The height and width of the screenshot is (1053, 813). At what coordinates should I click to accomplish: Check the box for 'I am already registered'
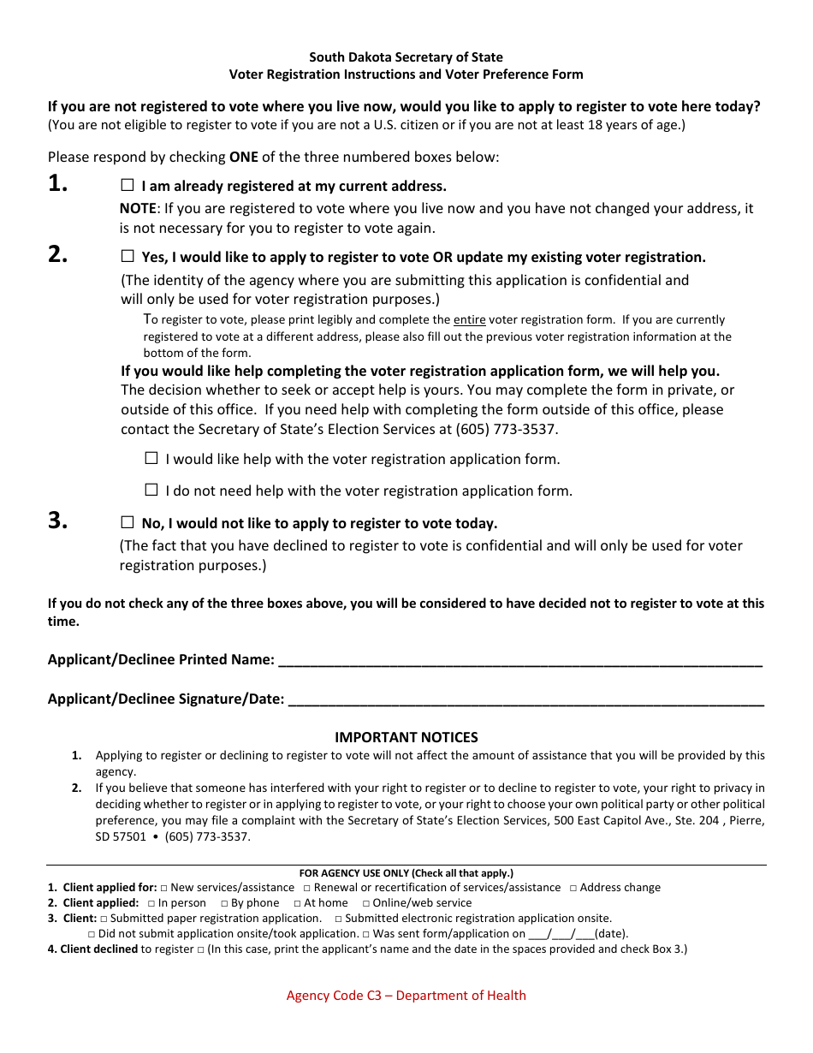128,185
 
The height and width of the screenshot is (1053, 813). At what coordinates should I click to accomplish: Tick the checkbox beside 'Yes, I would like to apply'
128,256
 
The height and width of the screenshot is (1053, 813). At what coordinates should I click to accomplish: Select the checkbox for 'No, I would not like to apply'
128,522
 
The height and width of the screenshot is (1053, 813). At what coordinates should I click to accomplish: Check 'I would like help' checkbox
151,458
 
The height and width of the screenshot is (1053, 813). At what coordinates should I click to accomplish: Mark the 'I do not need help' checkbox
151,490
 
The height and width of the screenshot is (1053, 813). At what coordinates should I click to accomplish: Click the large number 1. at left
58,183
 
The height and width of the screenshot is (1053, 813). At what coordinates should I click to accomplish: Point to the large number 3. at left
58,521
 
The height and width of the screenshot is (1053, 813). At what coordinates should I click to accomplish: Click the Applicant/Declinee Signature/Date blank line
525,699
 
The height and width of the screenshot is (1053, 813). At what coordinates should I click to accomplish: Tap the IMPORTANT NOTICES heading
406,737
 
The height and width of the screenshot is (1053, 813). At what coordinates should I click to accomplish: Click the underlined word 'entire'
469,320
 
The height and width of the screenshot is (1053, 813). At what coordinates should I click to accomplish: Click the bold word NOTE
137,208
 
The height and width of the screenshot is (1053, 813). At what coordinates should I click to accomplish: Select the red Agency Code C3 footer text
406,995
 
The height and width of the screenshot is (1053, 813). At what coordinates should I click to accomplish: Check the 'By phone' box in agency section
224,903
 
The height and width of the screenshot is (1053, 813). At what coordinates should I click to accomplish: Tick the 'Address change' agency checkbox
573,888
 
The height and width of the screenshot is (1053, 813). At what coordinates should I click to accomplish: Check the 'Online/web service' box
365,903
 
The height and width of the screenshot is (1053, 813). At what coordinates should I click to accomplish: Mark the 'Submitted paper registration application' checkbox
104,919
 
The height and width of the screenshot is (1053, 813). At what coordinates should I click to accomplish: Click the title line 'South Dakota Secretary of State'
406,57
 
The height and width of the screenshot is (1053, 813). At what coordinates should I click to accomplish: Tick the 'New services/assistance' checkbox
163,888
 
